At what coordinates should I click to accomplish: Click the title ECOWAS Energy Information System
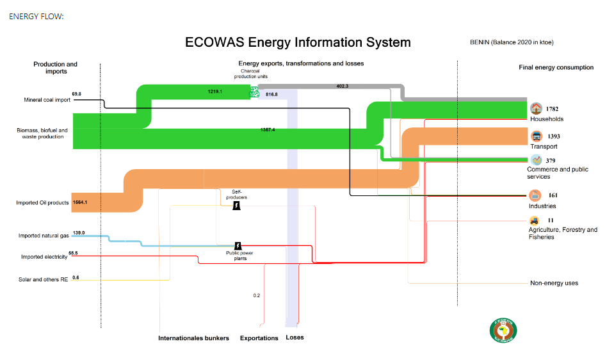298,43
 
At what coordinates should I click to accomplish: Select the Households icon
536,108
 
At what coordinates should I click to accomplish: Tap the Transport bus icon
536,136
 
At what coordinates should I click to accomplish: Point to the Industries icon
535,195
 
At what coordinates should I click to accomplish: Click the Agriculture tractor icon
534,220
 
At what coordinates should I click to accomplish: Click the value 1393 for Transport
554,136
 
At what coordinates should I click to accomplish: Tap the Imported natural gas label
44,236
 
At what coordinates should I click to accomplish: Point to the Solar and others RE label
44,279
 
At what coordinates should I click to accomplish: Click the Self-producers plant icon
236,206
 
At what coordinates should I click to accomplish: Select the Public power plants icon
238,246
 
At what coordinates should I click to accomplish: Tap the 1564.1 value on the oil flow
81,202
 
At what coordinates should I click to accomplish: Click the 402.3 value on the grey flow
342,86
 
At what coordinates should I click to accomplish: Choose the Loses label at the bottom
295,338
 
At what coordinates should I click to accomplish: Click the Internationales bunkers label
193,338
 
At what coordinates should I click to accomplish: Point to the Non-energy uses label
554,283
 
